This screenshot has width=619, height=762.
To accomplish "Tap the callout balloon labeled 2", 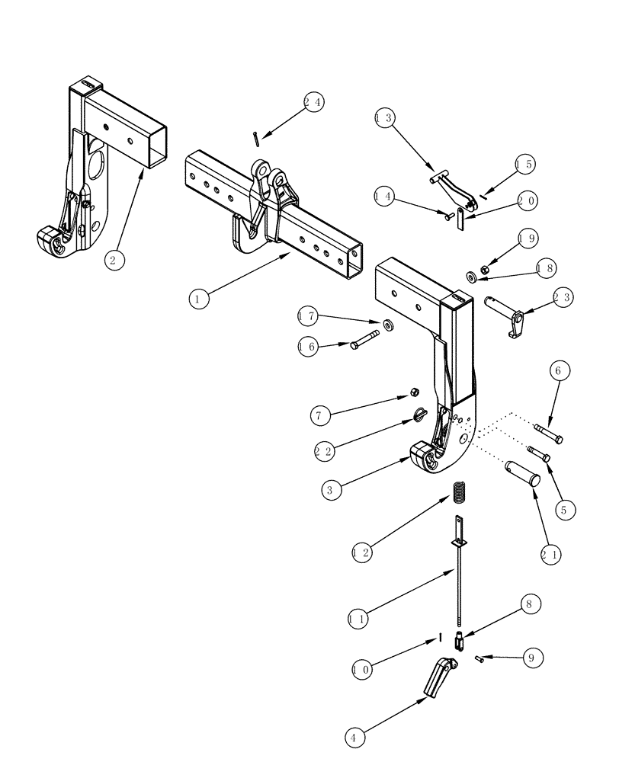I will point(114,260).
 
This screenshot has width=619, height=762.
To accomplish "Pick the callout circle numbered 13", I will point(386,118).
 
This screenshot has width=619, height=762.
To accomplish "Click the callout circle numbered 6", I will point(558,371).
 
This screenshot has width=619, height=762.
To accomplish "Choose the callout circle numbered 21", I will point(550,555).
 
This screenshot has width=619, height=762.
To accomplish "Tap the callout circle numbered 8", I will point(531,604).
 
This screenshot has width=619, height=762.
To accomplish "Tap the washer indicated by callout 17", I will point(389,326).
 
